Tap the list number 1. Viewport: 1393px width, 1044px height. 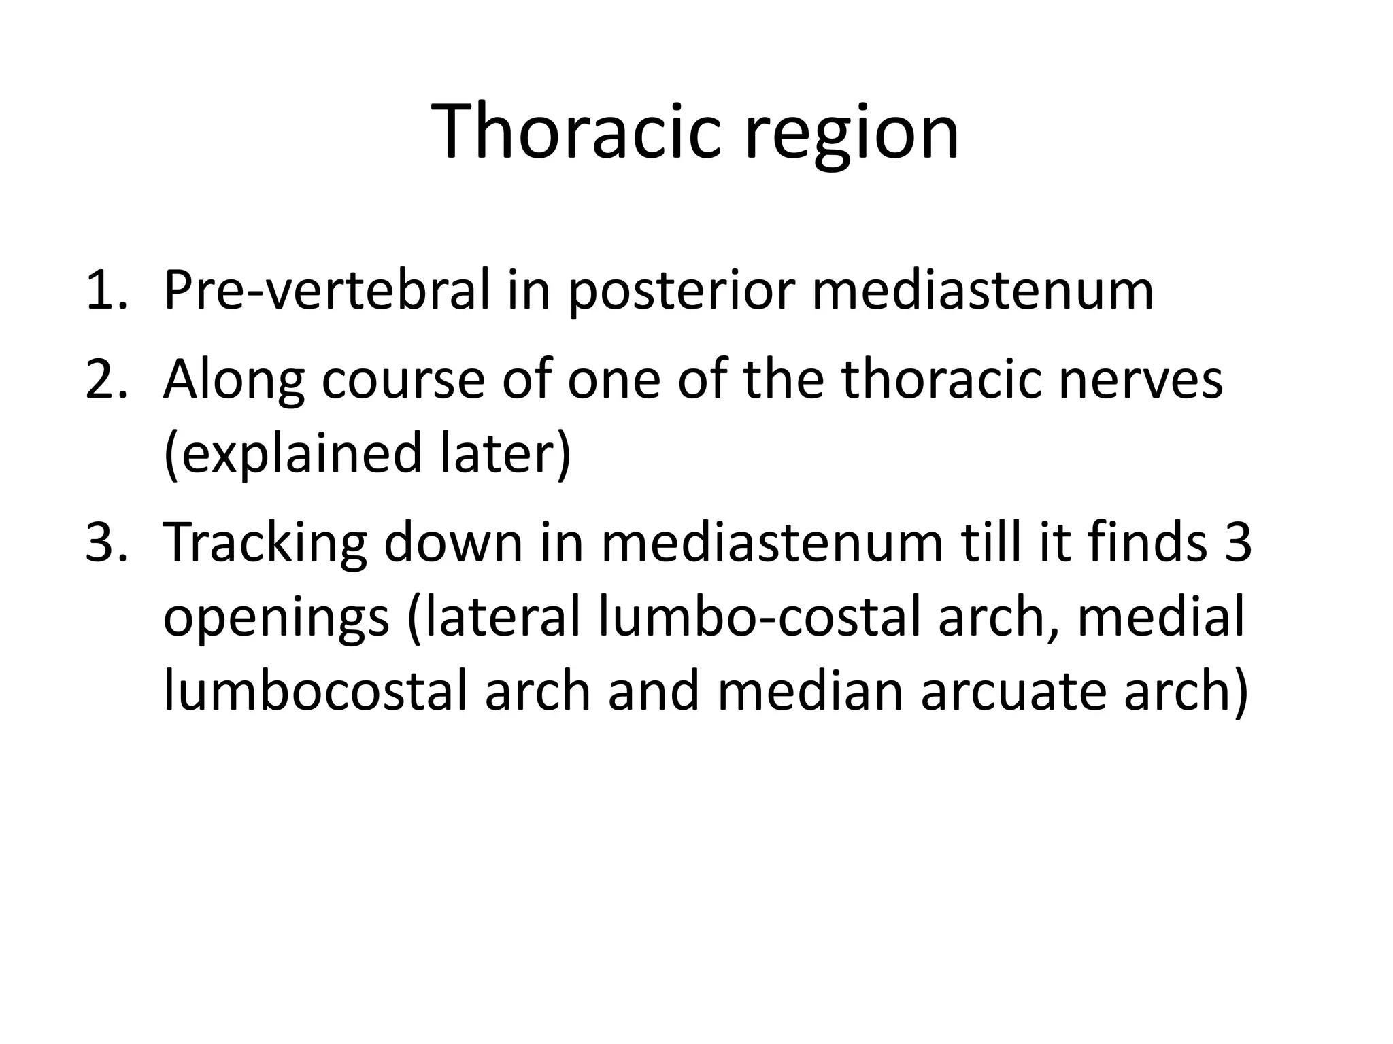tap(105, 291)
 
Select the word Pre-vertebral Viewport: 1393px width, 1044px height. tap(326, 291)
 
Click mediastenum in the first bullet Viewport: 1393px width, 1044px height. tap(983, 291)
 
